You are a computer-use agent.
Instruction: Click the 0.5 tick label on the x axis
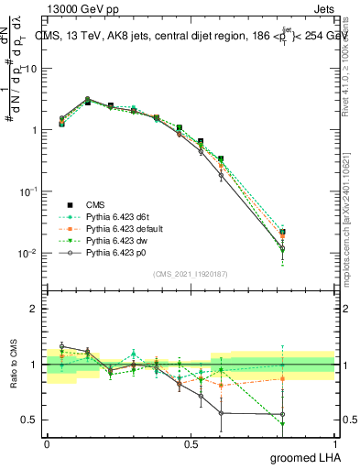(191, 443)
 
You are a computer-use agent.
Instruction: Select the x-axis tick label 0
(47, 443)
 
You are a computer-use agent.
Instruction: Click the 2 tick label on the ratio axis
(34, 310)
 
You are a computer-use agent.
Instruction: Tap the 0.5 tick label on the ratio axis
(30, 420)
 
